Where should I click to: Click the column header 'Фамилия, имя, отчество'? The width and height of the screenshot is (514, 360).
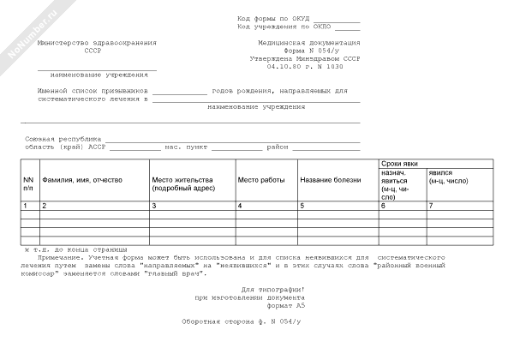click(x=82, y=180)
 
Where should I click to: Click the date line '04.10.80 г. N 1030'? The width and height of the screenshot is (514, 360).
click(x=303, y=65)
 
